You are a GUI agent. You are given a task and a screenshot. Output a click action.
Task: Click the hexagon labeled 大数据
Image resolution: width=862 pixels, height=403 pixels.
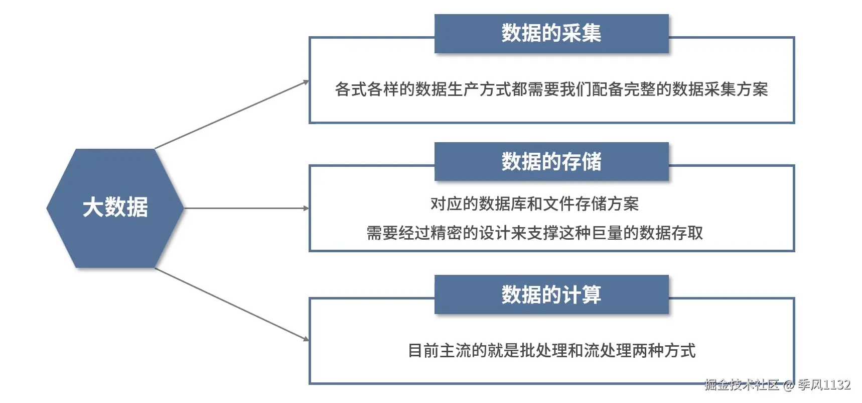click(x=115, y=208)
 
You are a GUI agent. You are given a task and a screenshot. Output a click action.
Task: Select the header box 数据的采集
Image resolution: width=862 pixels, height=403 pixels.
click(x=551, y=33)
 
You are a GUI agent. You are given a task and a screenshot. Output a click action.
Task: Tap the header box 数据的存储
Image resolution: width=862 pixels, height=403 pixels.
click(x=551, y=162)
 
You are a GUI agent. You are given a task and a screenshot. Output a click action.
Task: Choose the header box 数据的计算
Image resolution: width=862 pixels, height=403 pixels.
click(x=551, y=294)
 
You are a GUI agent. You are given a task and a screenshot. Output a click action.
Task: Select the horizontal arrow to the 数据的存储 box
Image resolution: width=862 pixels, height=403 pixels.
click(x=246, y=208)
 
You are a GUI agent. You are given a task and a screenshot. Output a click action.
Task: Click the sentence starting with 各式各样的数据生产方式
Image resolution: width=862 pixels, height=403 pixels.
click(x=551, y=89)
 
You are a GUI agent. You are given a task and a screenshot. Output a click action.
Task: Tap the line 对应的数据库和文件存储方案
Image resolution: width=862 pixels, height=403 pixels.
click(x=534, y=204)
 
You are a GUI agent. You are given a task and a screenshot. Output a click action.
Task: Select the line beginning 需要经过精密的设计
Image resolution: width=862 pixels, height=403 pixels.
click(x=534, y=233)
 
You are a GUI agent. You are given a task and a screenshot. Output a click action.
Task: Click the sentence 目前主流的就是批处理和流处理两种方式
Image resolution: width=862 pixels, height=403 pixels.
click(x=551, y=351)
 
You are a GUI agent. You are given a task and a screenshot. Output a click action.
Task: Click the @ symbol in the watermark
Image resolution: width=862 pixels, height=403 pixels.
click(x=789, y=385)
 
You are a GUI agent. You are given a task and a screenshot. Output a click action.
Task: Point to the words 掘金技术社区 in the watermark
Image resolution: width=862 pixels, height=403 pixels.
click(x=742, y=385)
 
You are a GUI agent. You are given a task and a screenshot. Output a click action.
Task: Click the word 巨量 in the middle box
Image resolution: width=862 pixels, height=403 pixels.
click(x=607, y=233)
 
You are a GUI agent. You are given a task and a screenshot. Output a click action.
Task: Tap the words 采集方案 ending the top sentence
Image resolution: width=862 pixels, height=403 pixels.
click(x=736, y=89)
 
